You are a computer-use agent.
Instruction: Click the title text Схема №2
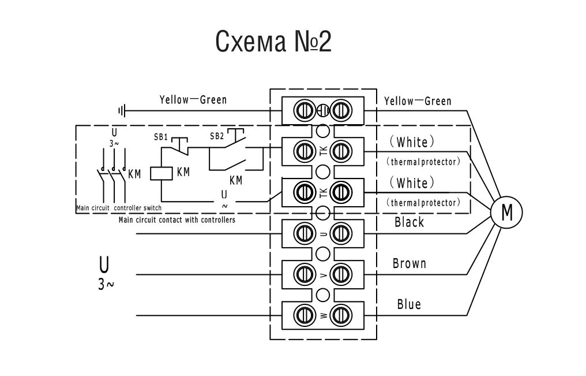273,42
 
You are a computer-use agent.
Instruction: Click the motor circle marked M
506,213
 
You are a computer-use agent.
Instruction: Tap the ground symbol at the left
122,110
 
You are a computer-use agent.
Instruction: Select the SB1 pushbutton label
161,137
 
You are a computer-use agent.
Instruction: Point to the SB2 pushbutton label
217,136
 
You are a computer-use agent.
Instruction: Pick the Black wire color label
409,222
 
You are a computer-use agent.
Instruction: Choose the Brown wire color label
410,264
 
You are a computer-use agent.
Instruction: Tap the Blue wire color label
409,304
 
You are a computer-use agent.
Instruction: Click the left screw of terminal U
303,233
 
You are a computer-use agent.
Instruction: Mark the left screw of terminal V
303,274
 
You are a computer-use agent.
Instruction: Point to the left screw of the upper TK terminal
303,151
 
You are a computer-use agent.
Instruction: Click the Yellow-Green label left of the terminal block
193,100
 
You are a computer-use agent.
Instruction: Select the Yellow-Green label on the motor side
418,101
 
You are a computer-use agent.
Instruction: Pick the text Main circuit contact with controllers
176,220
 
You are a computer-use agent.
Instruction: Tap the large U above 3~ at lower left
104,265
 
